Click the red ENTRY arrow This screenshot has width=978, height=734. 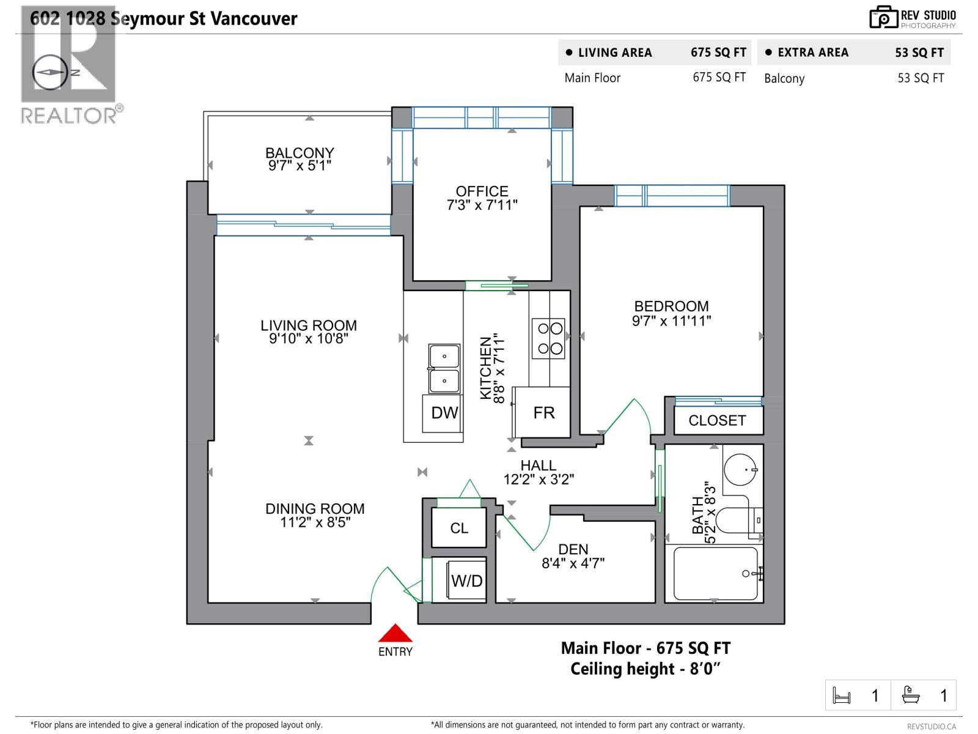point(395,633)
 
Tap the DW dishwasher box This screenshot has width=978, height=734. point(444,413)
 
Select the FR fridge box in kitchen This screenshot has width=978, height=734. point(543,412)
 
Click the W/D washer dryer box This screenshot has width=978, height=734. point(466,580)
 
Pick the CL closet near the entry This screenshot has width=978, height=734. point(459,528)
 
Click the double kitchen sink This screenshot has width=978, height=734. point(444,368)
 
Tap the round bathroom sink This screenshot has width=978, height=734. point(740,470)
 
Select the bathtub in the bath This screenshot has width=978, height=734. point(716,574)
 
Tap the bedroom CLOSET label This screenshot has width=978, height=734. point(717,421)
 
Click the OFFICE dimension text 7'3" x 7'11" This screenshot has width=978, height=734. point(482,206)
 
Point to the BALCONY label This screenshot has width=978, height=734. point(300,152)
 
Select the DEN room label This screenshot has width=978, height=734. point(573,549)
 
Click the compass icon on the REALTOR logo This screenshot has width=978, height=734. point(50,72)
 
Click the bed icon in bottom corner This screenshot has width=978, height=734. point(842,695)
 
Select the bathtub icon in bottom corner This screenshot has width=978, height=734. point(911,695)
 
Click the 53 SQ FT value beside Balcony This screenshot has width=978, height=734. point(921,78)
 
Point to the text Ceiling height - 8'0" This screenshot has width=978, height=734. point(645,669)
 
